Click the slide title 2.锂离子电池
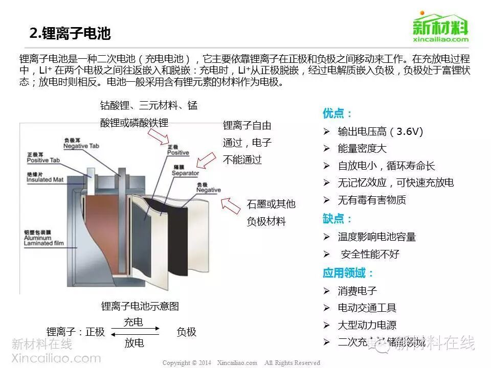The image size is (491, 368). tap(70, 34)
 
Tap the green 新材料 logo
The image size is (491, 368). tap(440, 27)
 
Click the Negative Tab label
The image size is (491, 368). tap(81, 143)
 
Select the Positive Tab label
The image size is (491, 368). tap(43, 158)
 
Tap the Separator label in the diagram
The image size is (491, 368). tap(185, 171)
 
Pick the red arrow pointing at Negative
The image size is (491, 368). tap(231, 205)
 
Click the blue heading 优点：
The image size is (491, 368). tap(338, 113)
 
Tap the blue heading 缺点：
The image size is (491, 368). tap(338, 219)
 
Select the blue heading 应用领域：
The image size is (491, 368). tap(348, 272)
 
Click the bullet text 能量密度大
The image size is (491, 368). tap(362, 149)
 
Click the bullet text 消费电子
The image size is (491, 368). tap(358, 291)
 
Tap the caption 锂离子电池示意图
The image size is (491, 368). tap(140, 306)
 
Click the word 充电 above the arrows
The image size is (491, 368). tap(133, 322)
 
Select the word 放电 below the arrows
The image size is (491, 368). tap(134, 342)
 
